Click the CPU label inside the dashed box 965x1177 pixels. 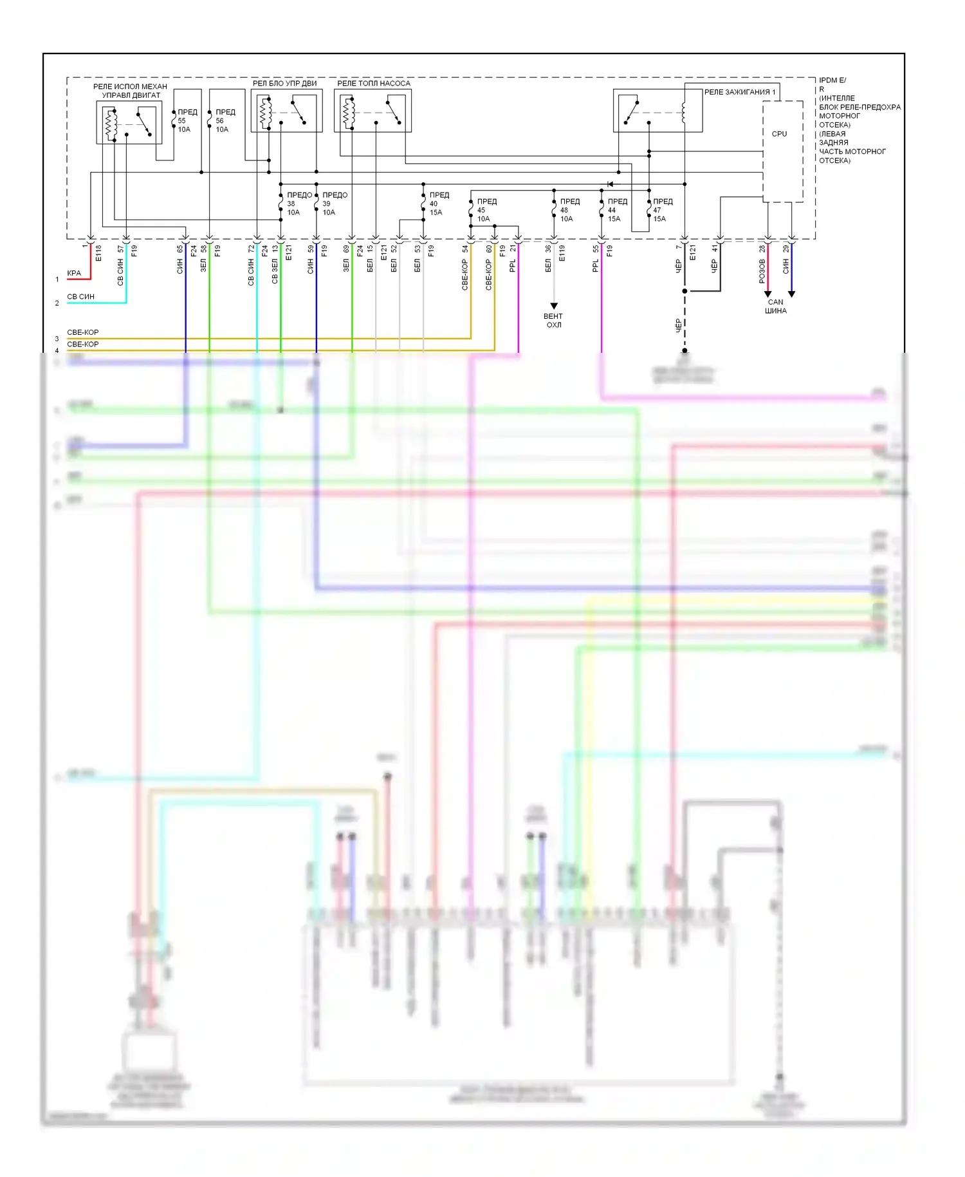(x=779, y=134)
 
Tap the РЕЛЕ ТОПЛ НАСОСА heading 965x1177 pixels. (x=373, y=83)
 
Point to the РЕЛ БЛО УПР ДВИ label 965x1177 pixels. (x=284, y=83)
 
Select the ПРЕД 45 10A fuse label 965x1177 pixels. (x=486, y=210)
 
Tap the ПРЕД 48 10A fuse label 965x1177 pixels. (x=569, y=210)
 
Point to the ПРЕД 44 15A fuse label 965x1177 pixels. (x=616, y=210)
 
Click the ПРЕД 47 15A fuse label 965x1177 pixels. (x=662, y=210)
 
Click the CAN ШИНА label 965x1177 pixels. (x=776, y=306)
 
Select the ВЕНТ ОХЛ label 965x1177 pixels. (x=553, y=321)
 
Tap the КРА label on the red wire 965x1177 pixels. (x=74, y=273)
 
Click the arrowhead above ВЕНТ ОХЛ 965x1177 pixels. (x=554, y=306)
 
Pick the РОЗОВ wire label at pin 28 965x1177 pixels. (x=762, y=272)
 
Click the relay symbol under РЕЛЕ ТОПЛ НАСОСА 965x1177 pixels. (x=372, y=111)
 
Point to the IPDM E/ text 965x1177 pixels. (x=832, y=80)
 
